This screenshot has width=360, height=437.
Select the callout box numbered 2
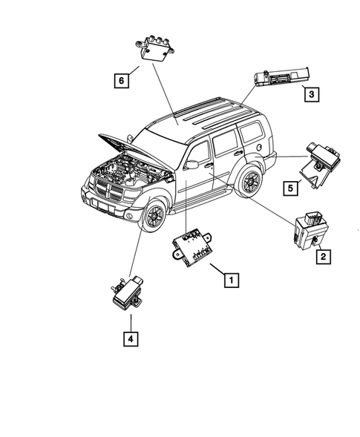click(x=323, y=257)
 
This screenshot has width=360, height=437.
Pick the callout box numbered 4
click(x=130, y=340)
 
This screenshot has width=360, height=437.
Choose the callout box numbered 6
click(x=119, y=77)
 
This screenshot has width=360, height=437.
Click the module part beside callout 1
click(x=195, y=246)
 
